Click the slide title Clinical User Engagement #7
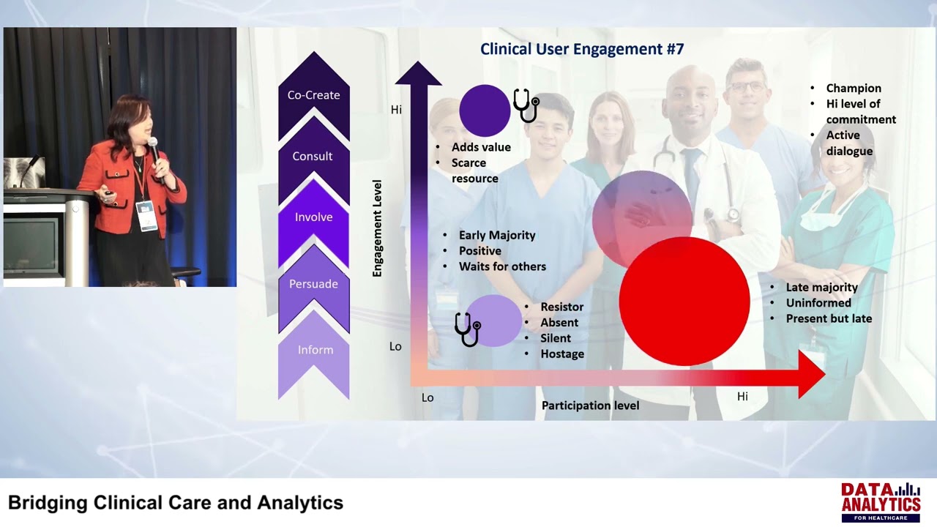[x=582, y=49]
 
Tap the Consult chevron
[x=313, y=156]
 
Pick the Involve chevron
[x=313, y=217]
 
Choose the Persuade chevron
[x=313, y=283]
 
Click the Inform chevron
[x=315, y=350]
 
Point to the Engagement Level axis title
[x=378, y=228]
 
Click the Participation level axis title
[x=590, y=405]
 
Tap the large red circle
[x=684, y=301]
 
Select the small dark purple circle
[x=485, y=111]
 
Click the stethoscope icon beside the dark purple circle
[x=526, y=105]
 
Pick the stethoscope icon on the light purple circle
[x=467, y=329]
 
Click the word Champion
[x=854, y=88]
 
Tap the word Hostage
[x=562, y=354]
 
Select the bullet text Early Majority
[x=497, y=235]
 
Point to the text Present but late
[x=829, y=318]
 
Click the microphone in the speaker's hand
[x=153, y=146]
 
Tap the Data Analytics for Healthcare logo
[x=880, y=501]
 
